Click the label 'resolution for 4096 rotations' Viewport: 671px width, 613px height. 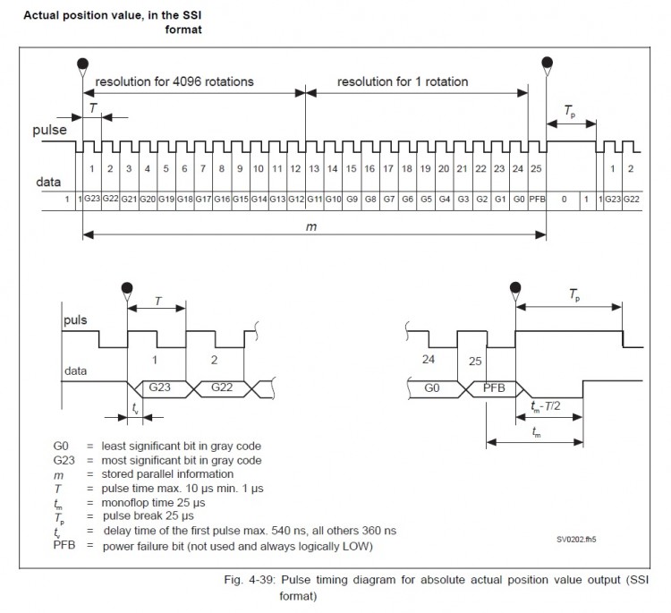(174, 81)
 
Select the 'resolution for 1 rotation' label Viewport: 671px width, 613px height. (403, 81)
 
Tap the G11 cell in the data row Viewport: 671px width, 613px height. (315, 199)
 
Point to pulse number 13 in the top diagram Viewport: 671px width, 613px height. (314, 168)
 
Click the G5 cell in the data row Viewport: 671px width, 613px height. (426, 199)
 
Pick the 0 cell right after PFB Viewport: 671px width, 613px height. (564, 199)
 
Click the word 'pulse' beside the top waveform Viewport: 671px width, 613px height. (49, 130)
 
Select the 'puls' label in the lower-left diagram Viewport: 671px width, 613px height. (75, 320)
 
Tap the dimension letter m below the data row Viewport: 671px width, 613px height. (311, 226)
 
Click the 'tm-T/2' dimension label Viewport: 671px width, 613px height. (545, 406)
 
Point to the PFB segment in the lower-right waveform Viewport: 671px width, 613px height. (494, 388)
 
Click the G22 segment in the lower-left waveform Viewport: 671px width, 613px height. (222, 387)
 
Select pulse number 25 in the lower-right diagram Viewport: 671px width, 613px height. (475, 362)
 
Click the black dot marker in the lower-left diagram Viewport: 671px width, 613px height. (127, 287)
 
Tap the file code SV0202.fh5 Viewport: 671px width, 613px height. (576, 540)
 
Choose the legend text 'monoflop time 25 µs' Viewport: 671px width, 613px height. (153, 503)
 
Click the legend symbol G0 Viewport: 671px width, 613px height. (61, 446)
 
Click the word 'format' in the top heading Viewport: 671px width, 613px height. (183, 30)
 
